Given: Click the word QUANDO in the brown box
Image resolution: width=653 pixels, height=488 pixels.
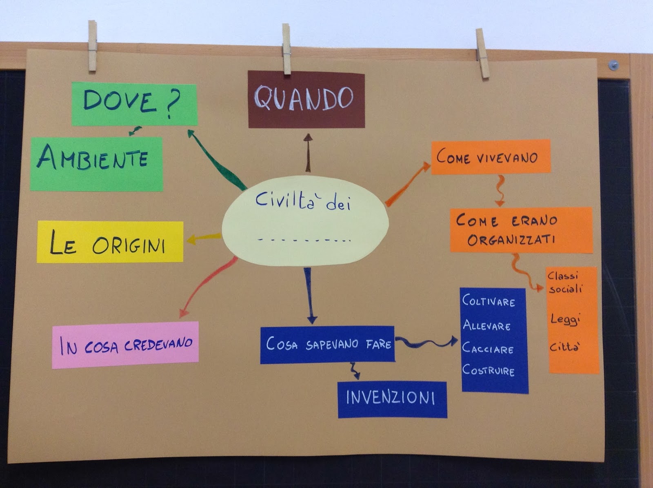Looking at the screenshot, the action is tap(304, 99).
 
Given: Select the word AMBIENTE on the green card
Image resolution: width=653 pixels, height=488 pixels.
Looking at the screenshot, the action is tap(93, 158).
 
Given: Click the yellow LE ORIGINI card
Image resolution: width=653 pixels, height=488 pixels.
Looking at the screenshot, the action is tap(109, 242).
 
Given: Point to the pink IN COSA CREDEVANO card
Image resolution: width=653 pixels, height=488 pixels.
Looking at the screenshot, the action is tap(126, 345).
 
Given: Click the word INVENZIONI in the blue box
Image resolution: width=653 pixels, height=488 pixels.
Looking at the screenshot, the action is tap(391, 398).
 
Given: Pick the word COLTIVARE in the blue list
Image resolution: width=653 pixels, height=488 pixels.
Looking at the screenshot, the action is tap(489, 301).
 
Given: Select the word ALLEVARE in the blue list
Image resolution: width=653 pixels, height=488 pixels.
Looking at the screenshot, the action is tap(486, 325).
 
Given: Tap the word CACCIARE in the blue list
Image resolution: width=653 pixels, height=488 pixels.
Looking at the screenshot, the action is tap(488, 349).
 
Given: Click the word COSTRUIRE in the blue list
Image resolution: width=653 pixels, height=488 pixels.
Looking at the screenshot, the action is tap(488, 370).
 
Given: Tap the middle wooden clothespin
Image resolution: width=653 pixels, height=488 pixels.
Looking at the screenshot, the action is tap(287, 49).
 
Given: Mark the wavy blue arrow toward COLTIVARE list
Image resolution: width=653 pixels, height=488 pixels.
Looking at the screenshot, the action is tap(426, 342).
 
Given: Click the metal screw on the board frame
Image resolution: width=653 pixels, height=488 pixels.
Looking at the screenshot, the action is tap(613, 65).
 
